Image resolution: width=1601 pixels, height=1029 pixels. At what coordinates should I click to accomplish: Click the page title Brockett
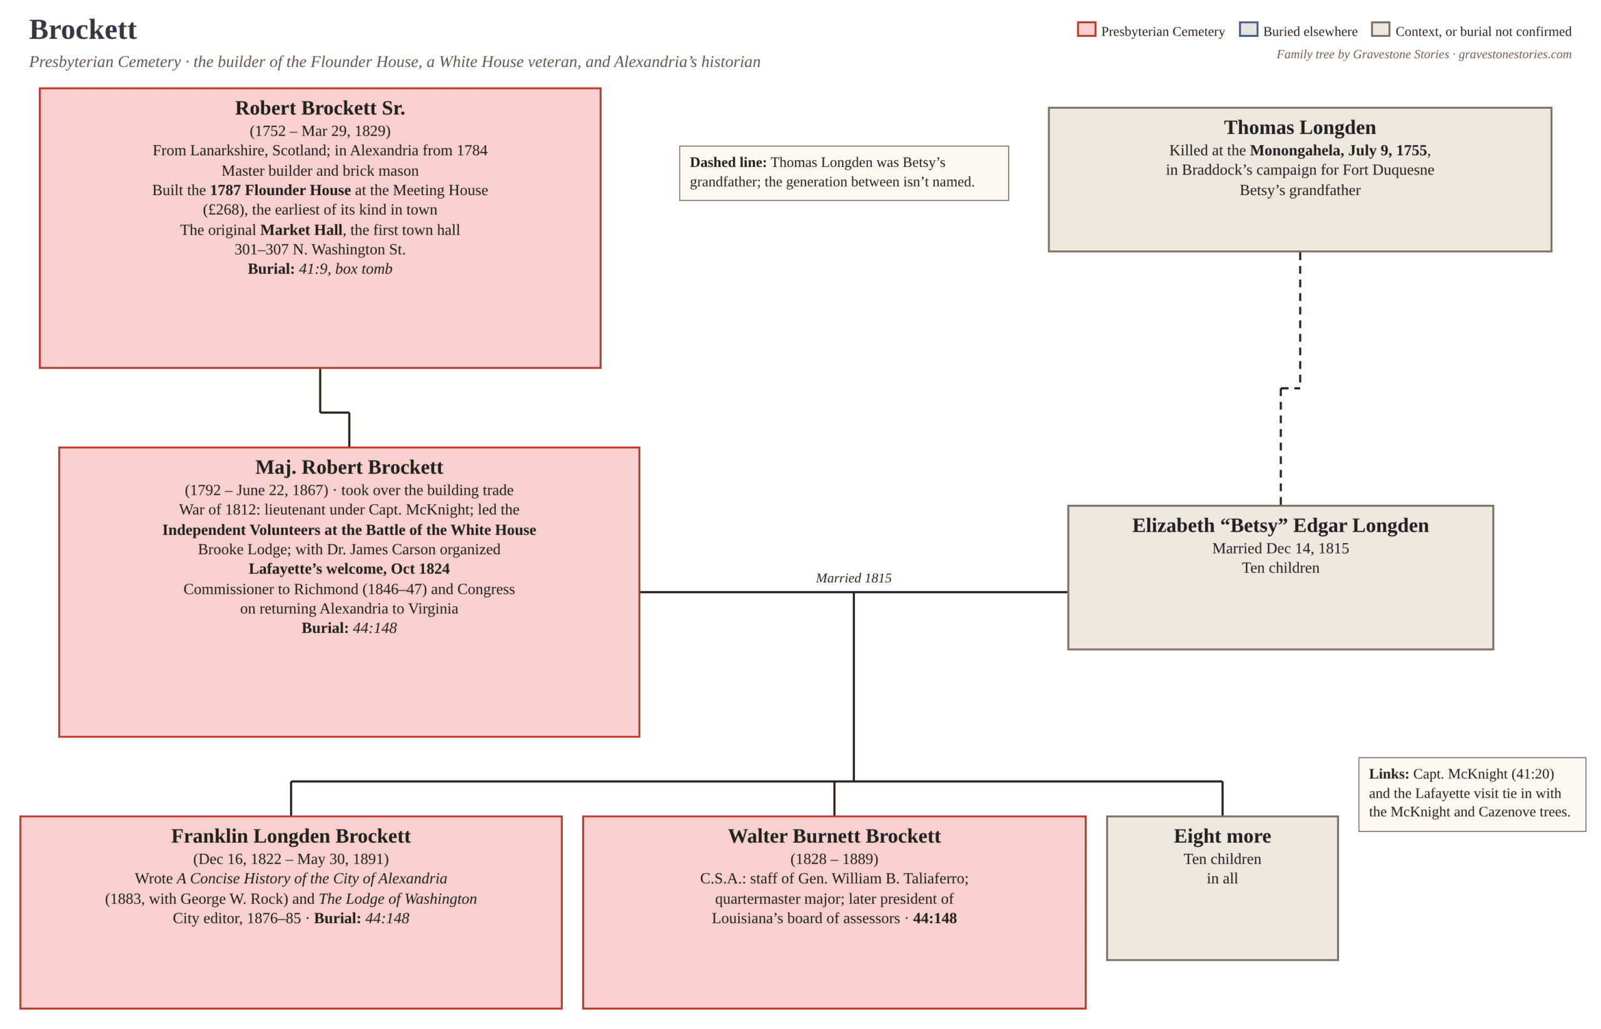coord(83,29)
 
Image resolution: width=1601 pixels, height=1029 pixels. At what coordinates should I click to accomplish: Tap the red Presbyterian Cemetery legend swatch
coord(1086,29)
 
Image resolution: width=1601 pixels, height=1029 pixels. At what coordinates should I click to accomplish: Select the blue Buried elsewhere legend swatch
coord(1248,29)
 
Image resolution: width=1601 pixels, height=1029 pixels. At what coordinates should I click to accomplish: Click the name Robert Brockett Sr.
coord(320,108)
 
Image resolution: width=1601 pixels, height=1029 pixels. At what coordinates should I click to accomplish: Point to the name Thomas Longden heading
coord(1300,127)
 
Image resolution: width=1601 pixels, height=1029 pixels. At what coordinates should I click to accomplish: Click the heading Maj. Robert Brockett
coord(348,467)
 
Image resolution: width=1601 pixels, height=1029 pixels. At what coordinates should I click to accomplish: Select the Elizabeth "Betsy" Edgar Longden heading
coord(1280,525)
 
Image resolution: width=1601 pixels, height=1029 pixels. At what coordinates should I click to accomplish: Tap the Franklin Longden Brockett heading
coord(291,836)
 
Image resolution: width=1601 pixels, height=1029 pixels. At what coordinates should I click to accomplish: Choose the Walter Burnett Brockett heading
coord(834,836)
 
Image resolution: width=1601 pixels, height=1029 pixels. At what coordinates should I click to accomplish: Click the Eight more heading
coord(1222,836)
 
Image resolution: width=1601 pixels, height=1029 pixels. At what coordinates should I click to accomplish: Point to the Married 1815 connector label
coord(854,578)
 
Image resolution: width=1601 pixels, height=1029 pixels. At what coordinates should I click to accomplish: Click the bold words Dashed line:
coord(728,163)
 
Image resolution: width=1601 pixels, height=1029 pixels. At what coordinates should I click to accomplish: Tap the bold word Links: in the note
coord(1388,774)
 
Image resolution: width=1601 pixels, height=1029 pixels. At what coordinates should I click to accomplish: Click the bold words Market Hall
coord(301,230)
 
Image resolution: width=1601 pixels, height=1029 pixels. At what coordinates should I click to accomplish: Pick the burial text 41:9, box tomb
coord(345,268)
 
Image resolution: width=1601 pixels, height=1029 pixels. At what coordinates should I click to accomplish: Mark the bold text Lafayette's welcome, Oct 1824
coord(348,569)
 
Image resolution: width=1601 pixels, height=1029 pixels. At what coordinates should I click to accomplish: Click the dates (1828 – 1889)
coord(834,859)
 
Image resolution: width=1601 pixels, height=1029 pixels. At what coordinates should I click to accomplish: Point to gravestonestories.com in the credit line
coord(1515,54)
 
